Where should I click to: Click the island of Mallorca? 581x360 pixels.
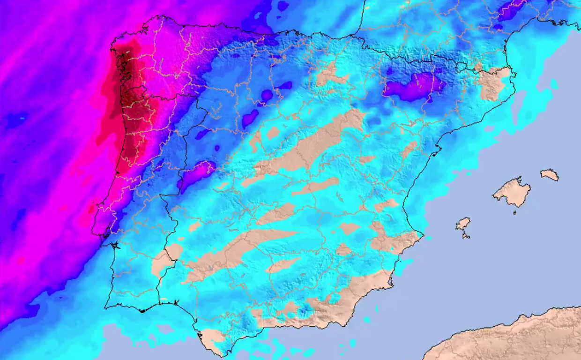[512, 192]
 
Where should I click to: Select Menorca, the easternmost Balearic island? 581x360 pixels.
[550, 175]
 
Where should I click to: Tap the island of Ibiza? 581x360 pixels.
[462, 224]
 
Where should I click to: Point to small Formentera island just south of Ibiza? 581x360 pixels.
[466, 236]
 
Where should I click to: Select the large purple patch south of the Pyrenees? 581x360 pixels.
[412, 87]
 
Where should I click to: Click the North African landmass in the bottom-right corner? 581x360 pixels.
[515, 337]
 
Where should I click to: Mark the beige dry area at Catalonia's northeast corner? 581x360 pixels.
[494, 82]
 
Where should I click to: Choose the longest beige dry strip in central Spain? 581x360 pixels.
[309, 145]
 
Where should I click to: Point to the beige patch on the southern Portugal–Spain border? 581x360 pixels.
[164, 260]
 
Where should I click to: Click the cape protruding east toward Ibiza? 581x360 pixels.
[422, 234]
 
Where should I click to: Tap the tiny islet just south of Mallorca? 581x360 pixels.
[514, 212]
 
